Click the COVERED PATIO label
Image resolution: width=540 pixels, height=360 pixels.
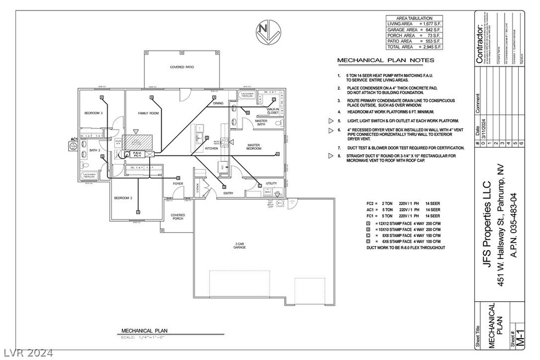pos(182,67)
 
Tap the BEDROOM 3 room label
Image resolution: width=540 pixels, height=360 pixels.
pos(93,113)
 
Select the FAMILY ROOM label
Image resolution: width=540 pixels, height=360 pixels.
pos(148,113)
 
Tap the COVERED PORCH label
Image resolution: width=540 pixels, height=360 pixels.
pos(177,217)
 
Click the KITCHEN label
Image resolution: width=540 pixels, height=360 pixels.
pos(211,148)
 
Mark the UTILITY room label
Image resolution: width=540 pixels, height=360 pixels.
pos(271,183)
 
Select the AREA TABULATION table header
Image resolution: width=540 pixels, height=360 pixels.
pos(414,18)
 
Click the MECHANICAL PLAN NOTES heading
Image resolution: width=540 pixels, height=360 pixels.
pos(385,60)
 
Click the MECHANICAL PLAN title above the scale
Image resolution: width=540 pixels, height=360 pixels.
pos(144,330)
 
